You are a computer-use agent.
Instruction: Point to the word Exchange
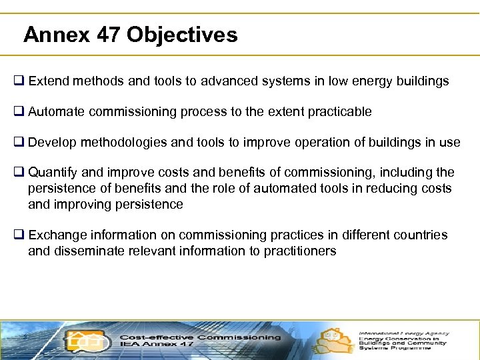[55, 235]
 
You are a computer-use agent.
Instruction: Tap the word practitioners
[301, 251]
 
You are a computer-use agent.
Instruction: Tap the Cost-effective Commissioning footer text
[200, 337]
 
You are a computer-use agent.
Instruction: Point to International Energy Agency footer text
[404, 333]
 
